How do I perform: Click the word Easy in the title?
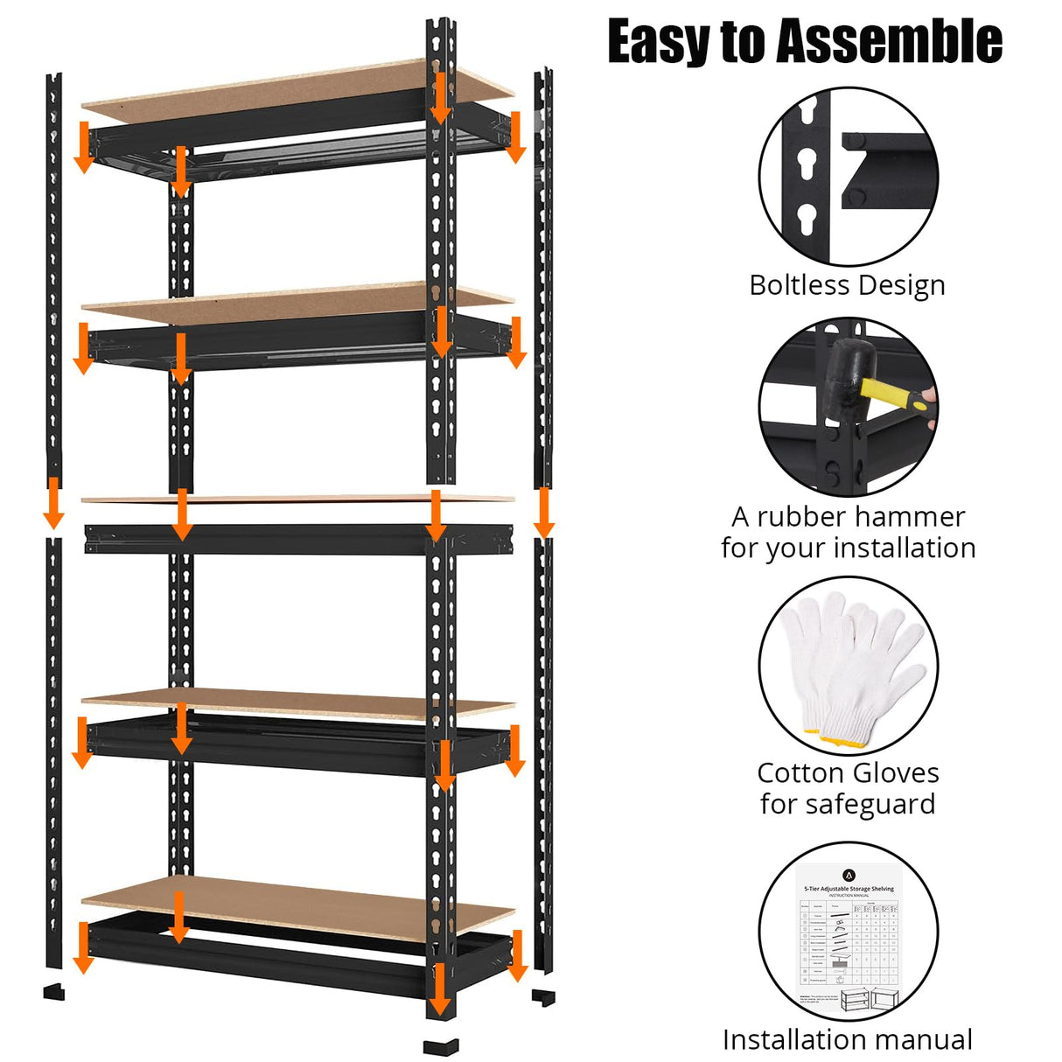click(659, 42)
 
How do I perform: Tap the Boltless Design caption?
click(847, 285)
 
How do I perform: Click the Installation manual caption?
click(847, 1039)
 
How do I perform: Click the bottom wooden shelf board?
click(297, 910)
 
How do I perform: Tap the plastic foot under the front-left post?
click(54, 992)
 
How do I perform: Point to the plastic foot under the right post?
click(543, 997)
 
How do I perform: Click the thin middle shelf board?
click(297, 500)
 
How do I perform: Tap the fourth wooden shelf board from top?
click(297, 703)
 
